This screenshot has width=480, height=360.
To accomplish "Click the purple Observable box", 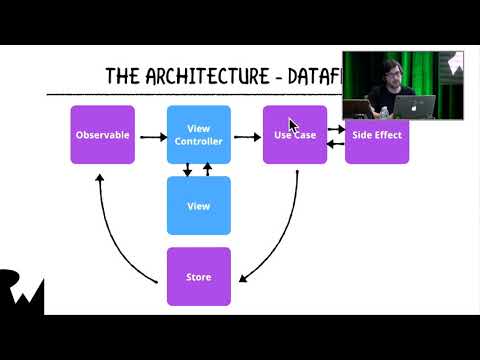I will pyautogui.click(x=102, y=134).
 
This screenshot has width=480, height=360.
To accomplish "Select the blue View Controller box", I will pyautogui.click(x=198, y=134).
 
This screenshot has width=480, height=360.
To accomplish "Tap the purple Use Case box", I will pyautogui.click(x=295, y=134).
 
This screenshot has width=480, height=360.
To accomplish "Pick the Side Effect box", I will pyautogui.click(x=377, y=134).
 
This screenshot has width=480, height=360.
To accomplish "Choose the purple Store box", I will pyautogui.click(x=198, y=276).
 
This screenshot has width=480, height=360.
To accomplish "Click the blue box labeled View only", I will pyautogui.click(x=198, y=205).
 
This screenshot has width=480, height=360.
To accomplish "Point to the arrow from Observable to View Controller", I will pyautogui.click(x=152, y=135).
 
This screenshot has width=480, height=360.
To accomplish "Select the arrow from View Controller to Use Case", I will pyautogui.click(x=246, y=135).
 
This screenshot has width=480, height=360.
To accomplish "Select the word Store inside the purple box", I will pyautogui.click(x=198, y=277).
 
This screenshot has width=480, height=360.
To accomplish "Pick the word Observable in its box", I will pyautogui.click(x=102, y=135).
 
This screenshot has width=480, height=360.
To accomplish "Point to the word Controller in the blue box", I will pyautogui.click(x=198, y=142).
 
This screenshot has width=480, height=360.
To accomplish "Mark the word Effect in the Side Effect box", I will pyautogui.click(x=388, y=135).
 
